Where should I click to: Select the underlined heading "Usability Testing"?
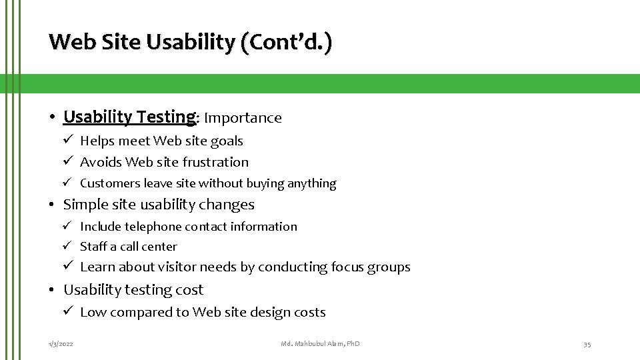coord(129,117)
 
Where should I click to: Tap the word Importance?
coord(243,118)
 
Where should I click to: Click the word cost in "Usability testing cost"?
coord(189,290)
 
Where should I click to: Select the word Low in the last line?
coord(93,312)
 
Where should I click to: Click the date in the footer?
coord(61,343)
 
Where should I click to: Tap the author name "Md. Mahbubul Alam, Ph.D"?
coord(320,343)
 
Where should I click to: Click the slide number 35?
coord(587,343)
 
